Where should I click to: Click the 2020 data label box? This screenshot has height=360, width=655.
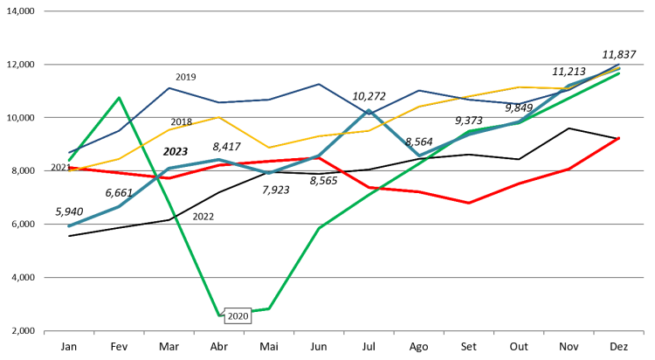pyautogui.click(x=238, y=316)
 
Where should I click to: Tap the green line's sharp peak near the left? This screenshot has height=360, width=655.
pyautogui.click(x=119, y=97)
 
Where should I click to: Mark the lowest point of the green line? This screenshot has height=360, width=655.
pyautogui.click(x=219, y=315)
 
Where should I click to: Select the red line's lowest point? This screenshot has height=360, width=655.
pyautogui.click(x=469, y=203)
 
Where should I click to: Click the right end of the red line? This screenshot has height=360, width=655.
pyautogui.click(x=619, y=137)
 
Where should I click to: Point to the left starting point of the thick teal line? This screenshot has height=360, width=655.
pyautogui.click(x=69, y=225)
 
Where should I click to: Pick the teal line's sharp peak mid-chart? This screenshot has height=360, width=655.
pyautogui.click(x=369, y=111)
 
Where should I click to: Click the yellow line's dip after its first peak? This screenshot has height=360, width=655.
pyautogui.click(x=269, y=148)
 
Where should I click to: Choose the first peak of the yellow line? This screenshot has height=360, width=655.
pyautogui.click(x=219, y=117)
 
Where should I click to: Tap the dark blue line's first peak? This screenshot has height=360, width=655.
pyautogui.click(x=169, y=87)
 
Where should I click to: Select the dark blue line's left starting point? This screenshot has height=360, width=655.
pyautogui.click(x=69, y=153)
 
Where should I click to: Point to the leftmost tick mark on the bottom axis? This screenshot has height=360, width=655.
pyautogui.click(x=45, y=333)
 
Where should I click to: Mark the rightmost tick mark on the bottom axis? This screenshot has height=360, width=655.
pyautogui.click(x=644, y=333)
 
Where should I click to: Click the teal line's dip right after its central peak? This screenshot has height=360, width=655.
pyautogui.click(x=419, y=156)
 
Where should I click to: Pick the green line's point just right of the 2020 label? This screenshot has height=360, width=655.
pyautogui.click(x=269, y=308)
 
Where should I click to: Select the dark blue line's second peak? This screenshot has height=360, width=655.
pyautogui.click(x=319, y=84)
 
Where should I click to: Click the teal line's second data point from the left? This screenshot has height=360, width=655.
pyautogui.click(x=119, y=206)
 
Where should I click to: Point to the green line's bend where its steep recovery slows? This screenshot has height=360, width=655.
pyautogui.click(x=319, y=227)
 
